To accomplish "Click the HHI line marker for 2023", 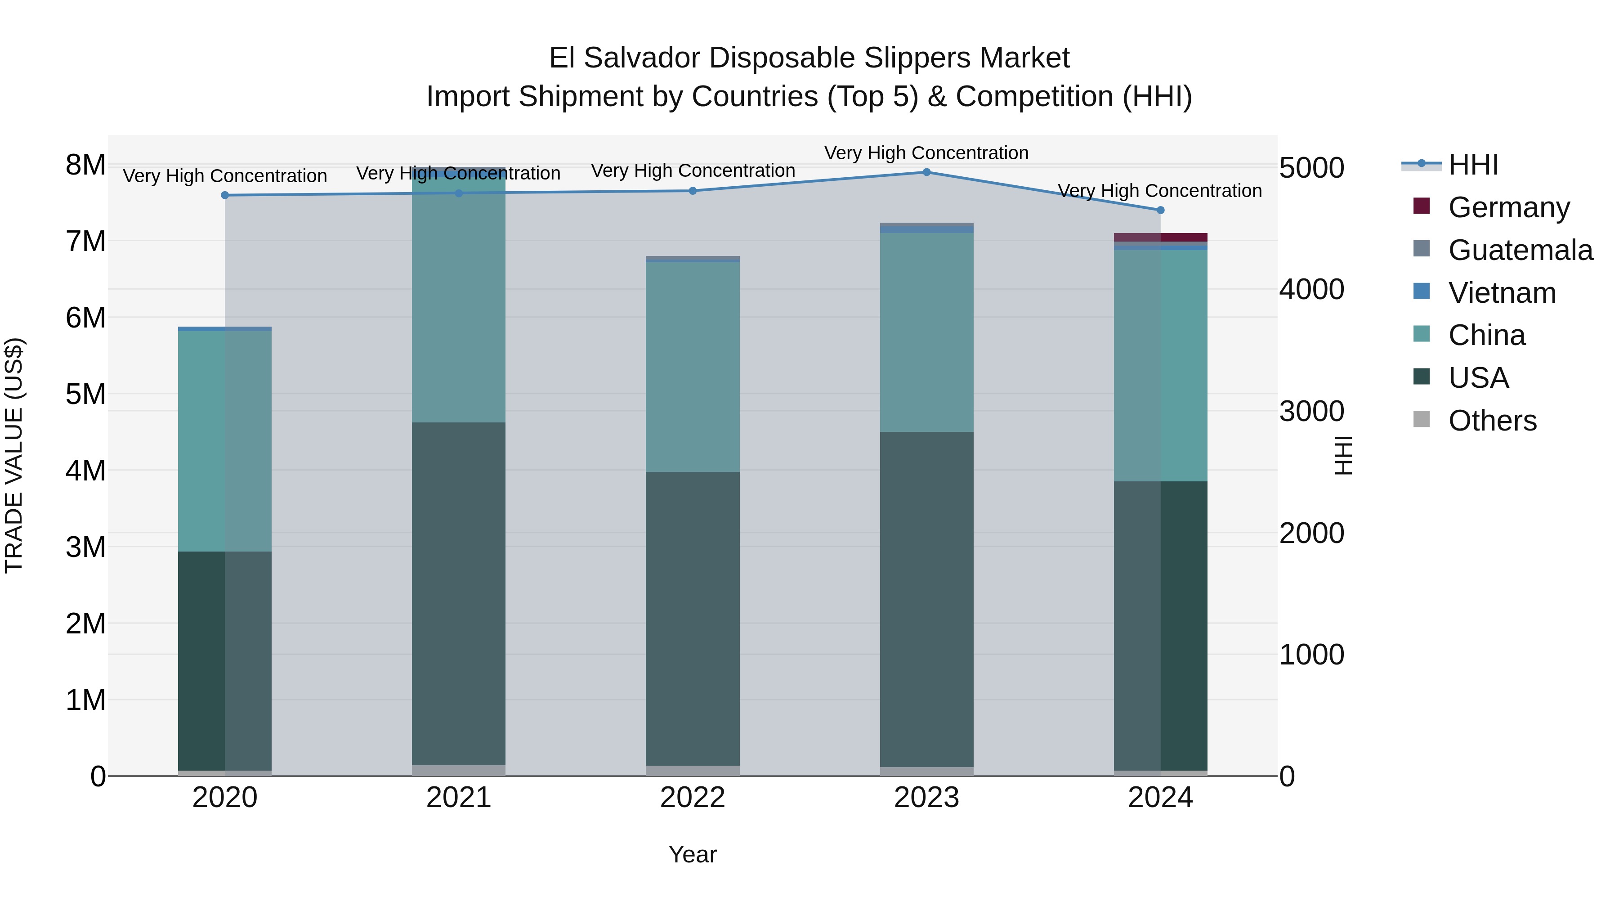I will [x=926, y=172].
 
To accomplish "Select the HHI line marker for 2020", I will [x=225, y=196].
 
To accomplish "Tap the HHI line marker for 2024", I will [x=1160, y=210].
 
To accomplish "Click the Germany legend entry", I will [x=1508, y=207].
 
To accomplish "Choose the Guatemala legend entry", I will [x=1520, y=250].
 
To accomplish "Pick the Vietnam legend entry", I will [x=1502, y=293].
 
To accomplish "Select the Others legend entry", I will [x=1492, y=421].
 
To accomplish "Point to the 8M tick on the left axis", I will [x=85, y=166].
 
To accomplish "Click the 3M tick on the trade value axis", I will [x=85, y=547].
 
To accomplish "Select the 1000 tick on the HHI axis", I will [x=1312, y=655].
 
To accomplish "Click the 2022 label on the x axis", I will [x=693, y=798].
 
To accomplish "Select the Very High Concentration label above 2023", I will [x=926, y=153].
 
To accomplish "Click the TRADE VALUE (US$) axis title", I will [x=14, y=455].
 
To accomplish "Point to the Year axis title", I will [x=693, y=854].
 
